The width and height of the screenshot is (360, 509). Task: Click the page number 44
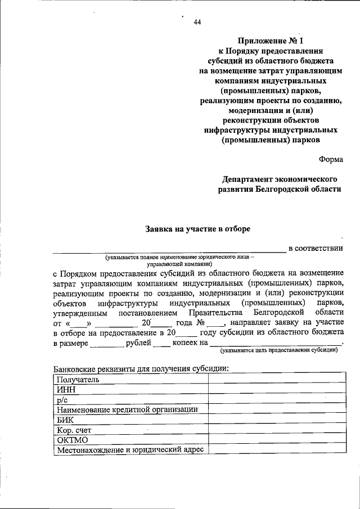pyautogui.click(x=197, y=22)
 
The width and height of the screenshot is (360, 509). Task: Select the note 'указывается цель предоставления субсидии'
pyautogui.click(x=280, y=350)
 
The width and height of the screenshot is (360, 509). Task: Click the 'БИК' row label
pyautogui.click(x=65, y=419)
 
